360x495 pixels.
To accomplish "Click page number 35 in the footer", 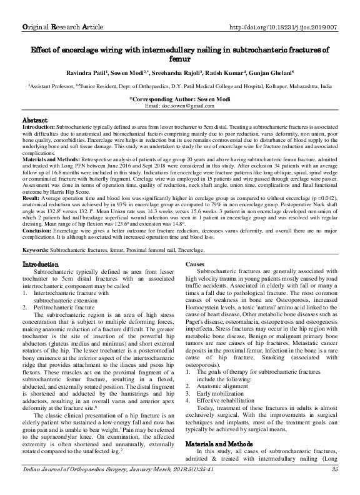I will pos(335,486).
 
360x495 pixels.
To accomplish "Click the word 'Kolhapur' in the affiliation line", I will pos(262,89).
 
